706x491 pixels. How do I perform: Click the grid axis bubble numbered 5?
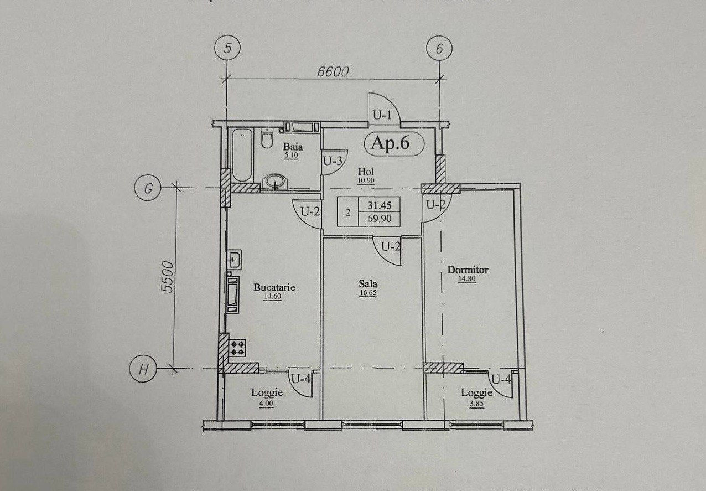point(227,48)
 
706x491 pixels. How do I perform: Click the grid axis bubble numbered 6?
point(439,49)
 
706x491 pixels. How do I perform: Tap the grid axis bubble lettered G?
point(148,188)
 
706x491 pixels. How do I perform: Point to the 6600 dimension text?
point(333,72)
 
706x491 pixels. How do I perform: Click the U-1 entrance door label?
point(382,116)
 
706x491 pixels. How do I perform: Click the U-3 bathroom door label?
point(333,162)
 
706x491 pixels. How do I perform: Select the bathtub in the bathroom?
point(242,155)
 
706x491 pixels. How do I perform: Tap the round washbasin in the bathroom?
point(275,182)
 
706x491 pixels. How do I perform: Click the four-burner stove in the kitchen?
point(238,348)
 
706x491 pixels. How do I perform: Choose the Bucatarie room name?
point(274,287)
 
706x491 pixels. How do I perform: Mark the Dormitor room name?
point(468,270)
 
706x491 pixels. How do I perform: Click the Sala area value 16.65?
point(368,293)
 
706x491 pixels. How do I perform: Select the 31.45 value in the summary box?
point(380,205)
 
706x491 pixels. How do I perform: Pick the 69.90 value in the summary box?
point(380,219)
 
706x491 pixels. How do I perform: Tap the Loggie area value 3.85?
point(476,404)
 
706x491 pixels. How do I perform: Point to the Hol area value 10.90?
point(366,180)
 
